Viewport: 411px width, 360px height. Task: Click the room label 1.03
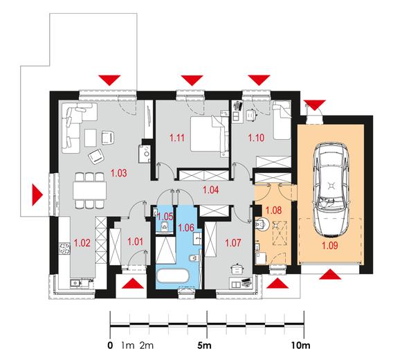click(119, 173)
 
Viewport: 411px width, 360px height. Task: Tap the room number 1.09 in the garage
click(330, 246)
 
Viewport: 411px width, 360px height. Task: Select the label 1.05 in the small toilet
click(165, 217)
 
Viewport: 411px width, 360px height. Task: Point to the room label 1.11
click(177, 138)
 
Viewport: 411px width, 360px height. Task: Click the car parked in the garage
click(331, 189)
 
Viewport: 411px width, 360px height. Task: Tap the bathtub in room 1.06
click(172, 276)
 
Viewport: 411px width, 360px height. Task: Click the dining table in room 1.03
click(90, 190)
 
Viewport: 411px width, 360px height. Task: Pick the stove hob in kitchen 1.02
click(64, 249)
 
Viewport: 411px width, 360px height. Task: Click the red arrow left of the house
click(37, 195)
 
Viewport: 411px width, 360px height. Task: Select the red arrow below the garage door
click(330, 274)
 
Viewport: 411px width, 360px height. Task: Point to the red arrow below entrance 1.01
click(133, 283)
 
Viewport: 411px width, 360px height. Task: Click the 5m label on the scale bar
click(204, 345)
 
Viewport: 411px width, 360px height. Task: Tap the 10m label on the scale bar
click(301, 345)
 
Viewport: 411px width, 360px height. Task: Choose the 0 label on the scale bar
click(110, 345)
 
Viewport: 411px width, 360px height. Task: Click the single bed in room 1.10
click(282, 120)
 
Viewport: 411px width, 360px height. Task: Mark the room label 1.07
click(233, 243)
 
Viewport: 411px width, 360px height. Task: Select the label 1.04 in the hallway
click(211, 190)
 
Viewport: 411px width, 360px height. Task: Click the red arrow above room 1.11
click(192, 80)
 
